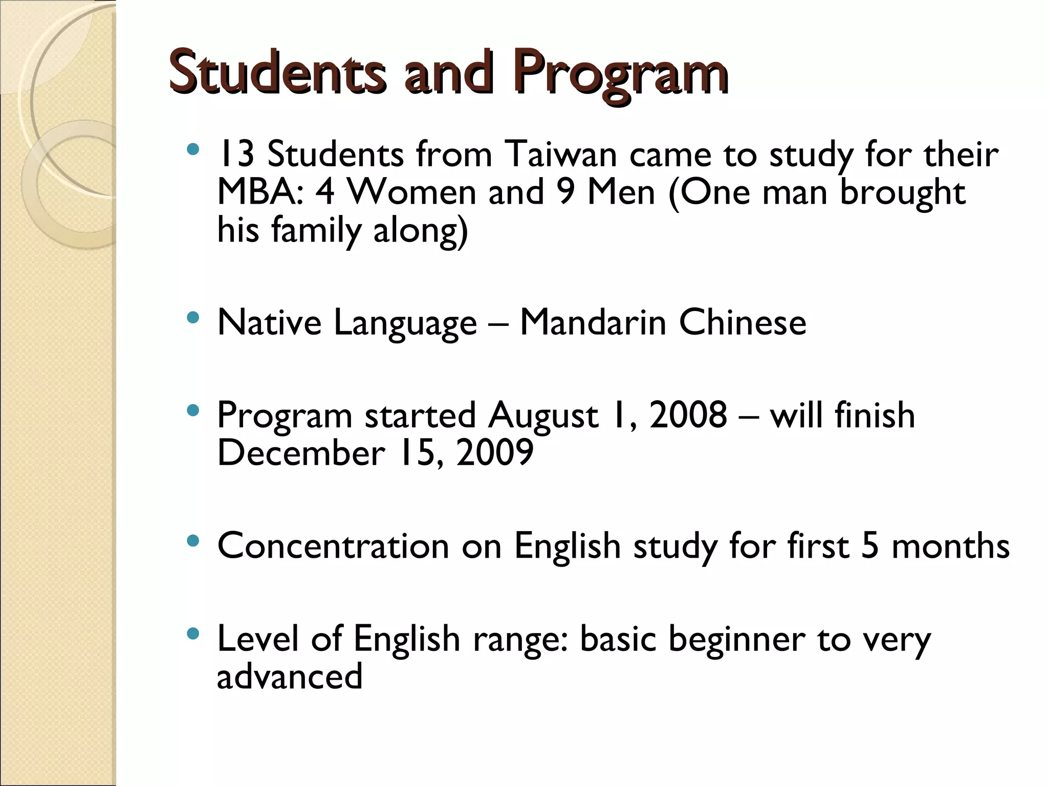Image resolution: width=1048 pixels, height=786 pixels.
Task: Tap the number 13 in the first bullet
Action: [235, 154]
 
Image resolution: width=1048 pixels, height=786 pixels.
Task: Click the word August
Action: [542, 416]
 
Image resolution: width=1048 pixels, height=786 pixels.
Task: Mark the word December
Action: [301, 452]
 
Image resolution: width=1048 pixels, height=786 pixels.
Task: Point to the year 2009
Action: [494, 452]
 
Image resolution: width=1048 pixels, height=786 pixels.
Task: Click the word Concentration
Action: [333, 545]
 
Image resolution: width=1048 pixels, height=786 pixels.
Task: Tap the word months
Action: [950, 545]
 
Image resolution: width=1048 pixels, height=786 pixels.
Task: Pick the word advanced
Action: [290, 676]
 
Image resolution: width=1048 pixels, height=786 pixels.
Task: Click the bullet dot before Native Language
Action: [192, 318]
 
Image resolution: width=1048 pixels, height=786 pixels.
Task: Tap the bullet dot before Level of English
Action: [192, 635]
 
